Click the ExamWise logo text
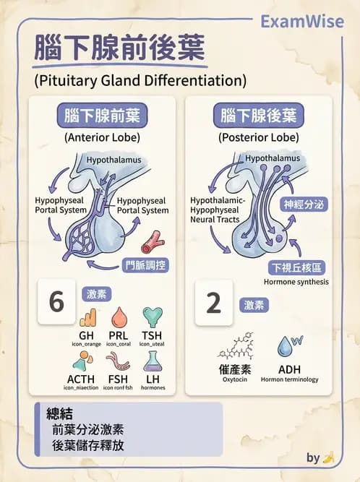pyautogui.click(x=302, y=22)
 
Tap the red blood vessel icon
pyautogui.click(x=153, y=242)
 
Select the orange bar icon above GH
pyautogui.click(x=88, y=317)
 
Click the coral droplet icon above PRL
pyautogui.click(x=119, y=317)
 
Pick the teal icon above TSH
pyautogui.click(x=153, y=317)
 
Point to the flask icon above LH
pyautogui.click(x=153, y=361)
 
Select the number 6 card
pyautogui.click(x=56, y=301)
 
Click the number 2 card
pyautogui.click(x=214, y=303)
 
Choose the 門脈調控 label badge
pyautogui.click(x=146, y=265)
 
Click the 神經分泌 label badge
pyautogui.click(x=304, y=205)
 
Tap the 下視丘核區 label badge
pyautogui.click(x=296, y=268)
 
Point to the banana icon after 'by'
pyautogui.click(x=328, y=457)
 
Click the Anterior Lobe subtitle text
pyautogui.click(x=102, y=137)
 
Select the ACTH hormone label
pyautogui.click(x=81, y=379)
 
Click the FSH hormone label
pyautogui.click(x=118, y=379)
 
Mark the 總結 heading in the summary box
pyautogui.click(x=60, y=413)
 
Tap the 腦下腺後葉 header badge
pyautogui.click(x=259, y=116)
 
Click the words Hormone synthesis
pyautogui.click(x=296, y=282)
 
